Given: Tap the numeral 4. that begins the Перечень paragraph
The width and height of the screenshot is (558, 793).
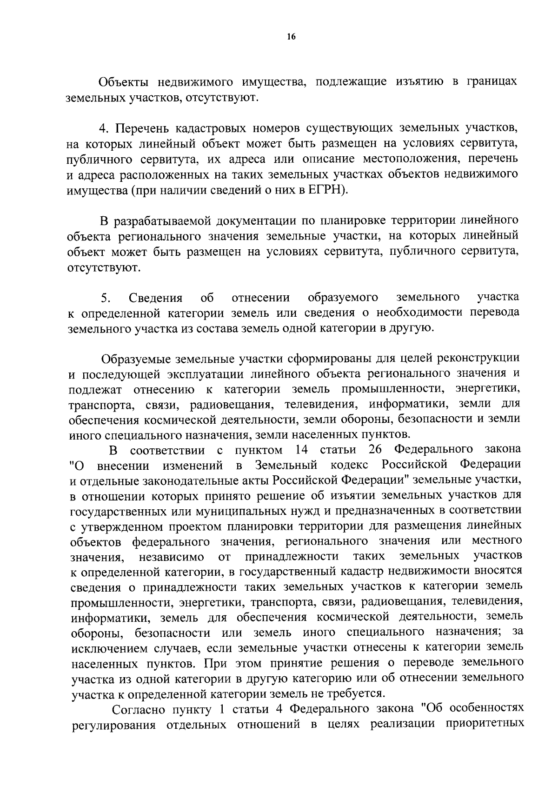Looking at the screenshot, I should pyautogui.click(x=103, y=128).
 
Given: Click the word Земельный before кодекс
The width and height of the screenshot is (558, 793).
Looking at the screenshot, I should pyautogui.click(x=286, y=465).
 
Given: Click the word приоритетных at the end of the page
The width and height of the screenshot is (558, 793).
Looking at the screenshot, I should pyautogui.click(x=485, y=724).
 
